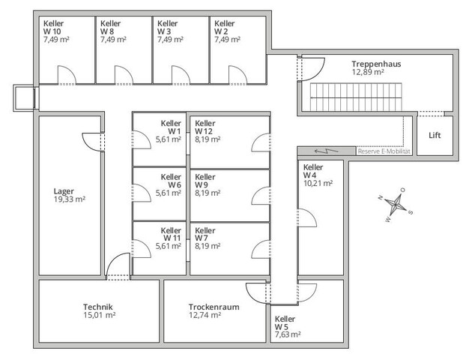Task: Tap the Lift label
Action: (x=435, y=136)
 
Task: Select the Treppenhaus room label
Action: (x=376, y=64)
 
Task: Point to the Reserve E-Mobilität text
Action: (x=384, y=151)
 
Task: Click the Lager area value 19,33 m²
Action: (x=69, y=199)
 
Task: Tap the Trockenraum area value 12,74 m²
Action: (x=205, y=316)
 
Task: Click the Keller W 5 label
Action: (x=285, y=322)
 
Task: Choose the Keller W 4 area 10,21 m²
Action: (x=318, y=182)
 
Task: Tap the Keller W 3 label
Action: (x=167, y=28)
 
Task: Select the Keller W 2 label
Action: (x=224, y=28)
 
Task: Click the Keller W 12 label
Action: (x=206, y=127)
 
